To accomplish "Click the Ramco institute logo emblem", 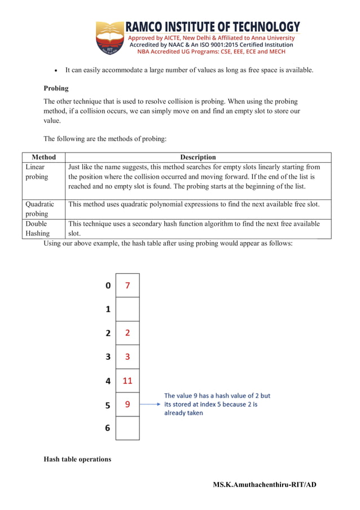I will (109, 38).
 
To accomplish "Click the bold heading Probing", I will (56, 88).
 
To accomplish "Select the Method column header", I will (43, 157).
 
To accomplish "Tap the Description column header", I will (197, 157).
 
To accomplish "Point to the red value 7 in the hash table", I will (128, 285).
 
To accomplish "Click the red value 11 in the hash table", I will (128, 381).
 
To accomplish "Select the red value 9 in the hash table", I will (128, 404).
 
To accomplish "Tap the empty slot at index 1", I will (128, 309).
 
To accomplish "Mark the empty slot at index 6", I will (128, 428).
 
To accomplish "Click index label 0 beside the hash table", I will (108, 286).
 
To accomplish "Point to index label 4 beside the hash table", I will (108, 381).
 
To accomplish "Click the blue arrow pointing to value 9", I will (150, 404).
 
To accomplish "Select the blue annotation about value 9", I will (217, 404).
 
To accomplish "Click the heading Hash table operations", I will (77, 459).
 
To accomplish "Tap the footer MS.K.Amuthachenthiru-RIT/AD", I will (265, 485).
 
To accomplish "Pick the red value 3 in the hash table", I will (128, 357).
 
